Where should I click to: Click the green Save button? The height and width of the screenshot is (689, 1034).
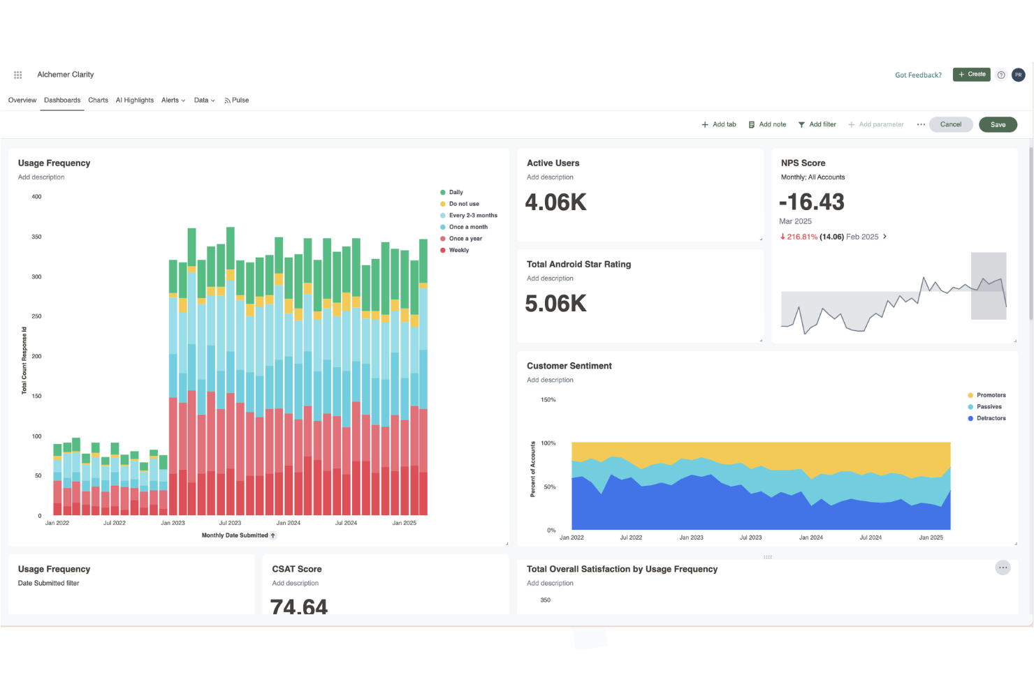click(x=998, y=125)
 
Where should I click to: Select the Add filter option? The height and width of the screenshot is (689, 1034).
click(x=817, y=125)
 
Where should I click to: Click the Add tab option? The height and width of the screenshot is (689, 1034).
click(x=719, y=125)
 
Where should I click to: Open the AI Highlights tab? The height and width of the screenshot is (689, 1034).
click(x=134, y=101)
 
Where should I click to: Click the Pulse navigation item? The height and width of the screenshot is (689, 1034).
click(x=237, y=101)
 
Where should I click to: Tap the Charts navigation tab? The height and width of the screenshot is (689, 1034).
click(x=98, y=101)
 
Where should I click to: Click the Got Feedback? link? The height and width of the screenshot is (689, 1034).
click(x=918, y=75)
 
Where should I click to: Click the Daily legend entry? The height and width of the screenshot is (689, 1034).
click(x=456, y=193)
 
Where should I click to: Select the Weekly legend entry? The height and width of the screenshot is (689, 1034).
click(x=458, y=250)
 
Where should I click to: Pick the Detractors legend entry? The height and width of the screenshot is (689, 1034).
click(x=990, y=419)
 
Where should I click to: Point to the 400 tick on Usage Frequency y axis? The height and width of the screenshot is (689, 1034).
click(x=36, y=197)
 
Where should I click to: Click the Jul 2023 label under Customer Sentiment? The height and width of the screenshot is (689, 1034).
click(x=750, y=538)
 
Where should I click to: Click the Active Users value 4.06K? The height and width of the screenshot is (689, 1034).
click(x=555, y=202)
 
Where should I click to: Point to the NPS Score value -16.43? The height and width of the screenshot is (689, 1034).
click(x=812, y=202)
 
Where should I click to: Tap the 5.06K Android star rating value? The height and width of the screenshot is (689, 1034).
click(x=555, y=304)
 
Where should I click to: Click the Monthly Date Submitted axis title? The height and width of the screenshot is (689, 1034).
click(x=235, y=535)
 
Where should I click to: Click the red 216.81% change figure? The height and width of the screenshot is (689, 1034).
click(x=801, y=237)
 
